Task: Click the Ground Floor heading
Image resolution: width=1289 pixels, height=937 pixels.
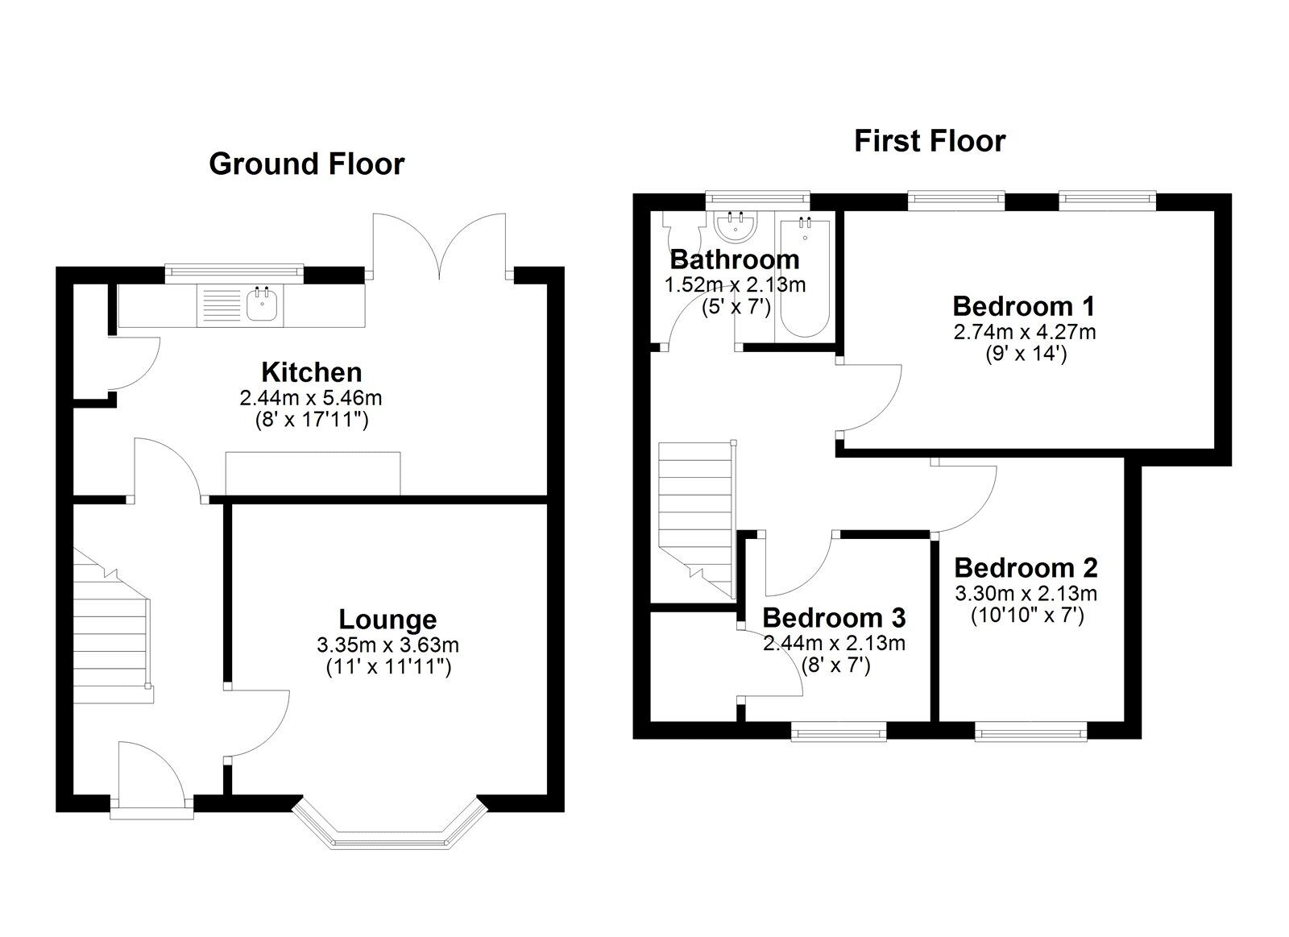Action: pos(306,164)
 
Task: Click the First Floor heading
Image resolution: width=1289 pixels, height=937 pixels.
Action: pos(930,141)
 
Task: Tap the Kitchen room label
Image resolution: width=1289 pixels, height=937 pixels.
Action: pos(311,372)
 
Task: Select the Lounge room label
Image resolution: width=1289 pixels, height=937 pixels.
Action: pos(388,620)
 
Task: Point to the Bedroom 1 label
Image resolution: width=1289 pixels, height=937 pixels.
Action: pos(1024,306)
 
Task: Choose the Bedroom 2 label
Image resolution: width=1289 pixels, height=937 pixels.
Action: pos(1026,568)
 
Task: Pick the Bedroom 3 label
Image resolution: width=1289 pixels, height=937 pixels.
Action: pos(834,618)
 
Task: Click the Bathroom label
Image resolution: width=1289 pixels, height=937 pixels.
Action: pos(735,259)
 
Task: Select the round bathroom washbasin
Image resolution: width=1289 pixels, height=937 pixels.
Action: pos(736,227)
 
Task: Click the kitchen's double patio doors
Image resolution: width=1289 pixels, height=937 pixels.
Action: pos(440,247)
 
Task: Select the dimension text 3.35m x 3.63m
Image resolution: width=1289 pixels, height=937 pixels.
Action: pos(388,645)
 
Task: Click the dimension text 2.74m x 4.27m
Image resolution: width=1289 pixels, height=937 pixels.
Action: pos(1024,332)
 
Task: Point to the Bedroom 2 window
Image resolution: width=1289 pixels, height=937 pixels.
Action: pos(1031,732)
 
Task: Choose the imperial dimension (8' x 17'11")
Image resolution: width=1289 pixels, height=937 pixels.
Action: pos(311,420)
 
